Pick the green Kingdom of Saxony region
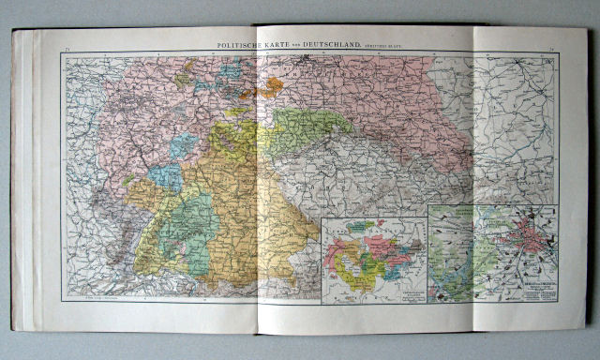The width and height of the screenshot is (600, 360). pos(309,131)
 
